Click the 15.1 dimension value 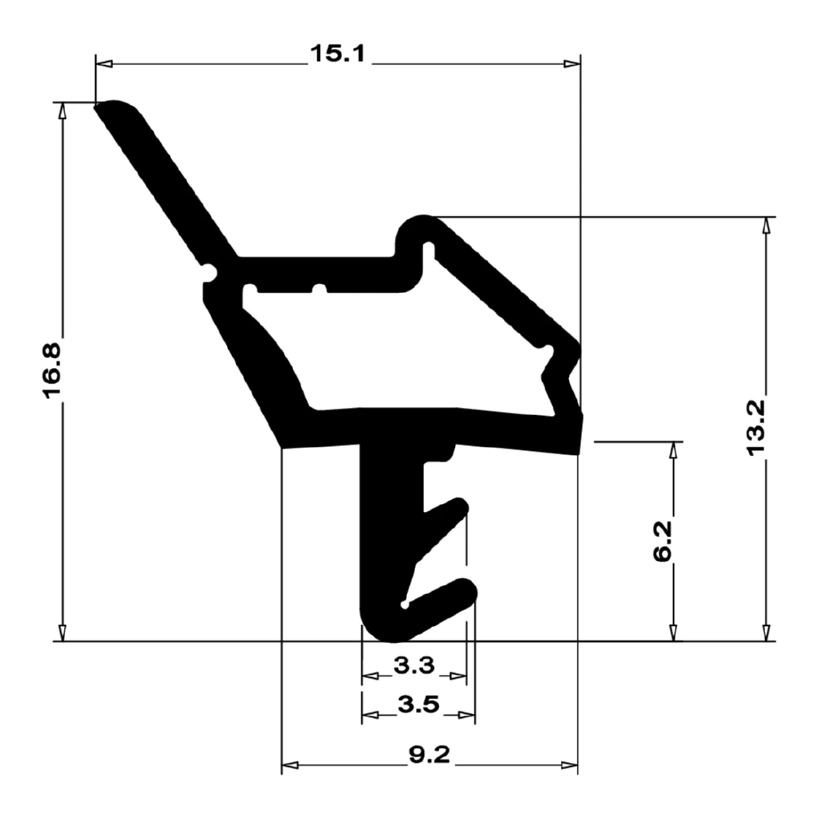point(338,55)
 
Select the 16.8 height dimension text point(53,371)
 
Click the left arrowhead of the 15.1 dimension point(103,63)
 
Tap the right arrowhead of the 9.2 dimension point(570,765)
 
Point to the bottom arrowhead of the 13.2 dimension point(765,633)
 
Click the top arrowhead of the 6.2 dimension point(673,450)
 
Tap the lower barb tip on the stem point(467,588)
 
